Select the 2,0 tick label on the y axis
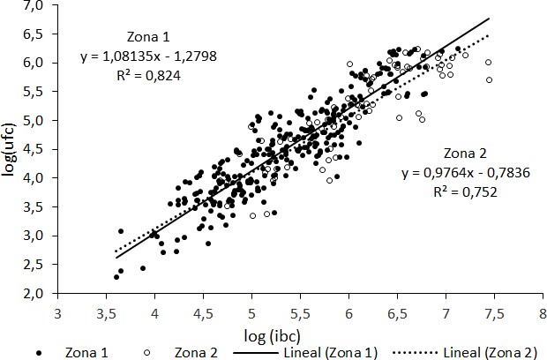pos(41,293)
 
